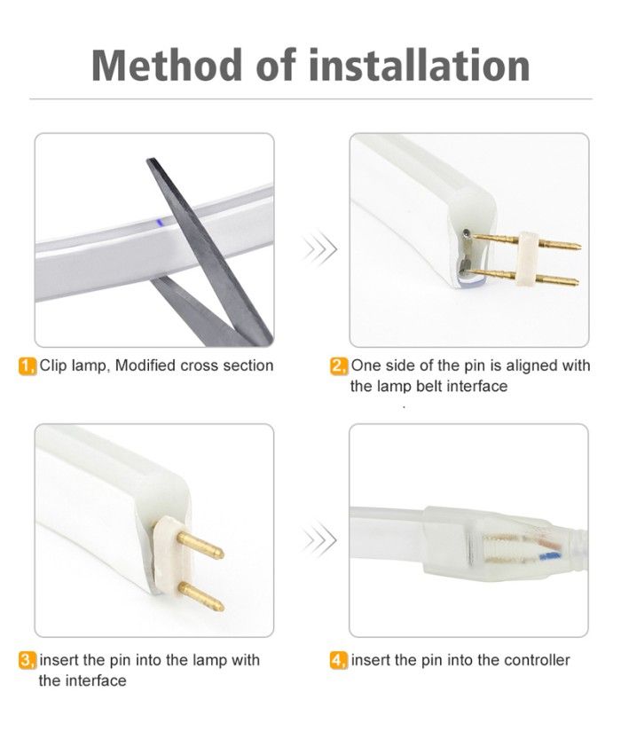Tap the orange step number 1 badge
click(28, 366)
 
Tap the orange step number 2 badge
click(339, 366)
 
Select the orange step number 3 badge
click(28, 661)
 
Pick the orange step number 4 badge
click(339, 661)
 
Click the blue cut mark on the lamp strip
click(159, 222)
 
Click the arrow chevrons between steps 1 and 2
click(319, 249)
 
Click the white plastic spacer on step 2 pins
click(529, 258)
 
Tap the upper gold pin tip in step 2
click(578, 245)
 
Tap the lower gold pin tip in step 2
click(576, 281)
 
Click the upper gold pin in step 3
click(200, 546)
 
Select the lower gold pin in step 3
click(201, 597)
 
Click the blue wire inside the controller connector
click(550, 555)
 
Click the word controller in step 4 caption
click(537, 660)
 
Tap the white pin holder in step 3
click(166, 557)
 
